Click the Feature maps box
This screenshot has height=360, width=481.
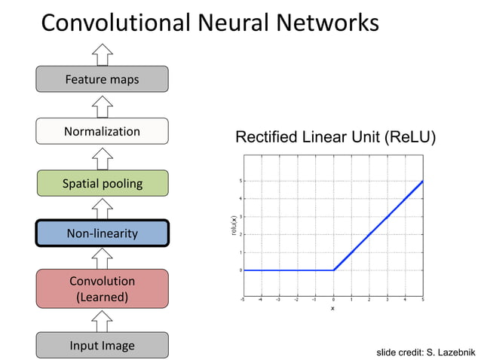102,79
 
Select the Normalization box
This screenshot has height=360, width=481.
102,132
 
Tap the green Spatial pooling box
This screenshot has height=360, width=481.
102,183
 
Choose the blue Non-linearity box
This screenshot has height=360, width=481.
102,233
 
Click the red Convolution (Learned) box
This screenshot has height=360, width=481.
102,289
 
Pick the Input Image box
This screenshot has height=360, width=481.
102,346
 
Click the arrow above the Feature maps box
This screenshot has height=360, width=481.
102,53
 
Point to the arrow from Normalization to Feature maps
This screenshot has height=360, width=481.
102,105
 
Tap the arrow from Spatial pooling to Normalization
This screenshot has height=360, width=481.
102,157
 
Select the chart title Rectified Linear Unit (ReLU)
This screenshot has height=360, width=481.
335,137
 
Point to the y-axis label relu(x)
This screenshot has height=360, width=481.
233,226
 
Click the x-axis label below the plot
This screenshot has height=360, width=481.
332,308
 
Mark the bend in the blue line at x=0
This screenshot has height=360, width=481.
333,270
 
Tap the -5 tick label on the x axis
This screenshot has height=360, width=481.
242,299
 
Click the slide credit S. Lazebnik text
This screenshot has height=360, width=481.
426,352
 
